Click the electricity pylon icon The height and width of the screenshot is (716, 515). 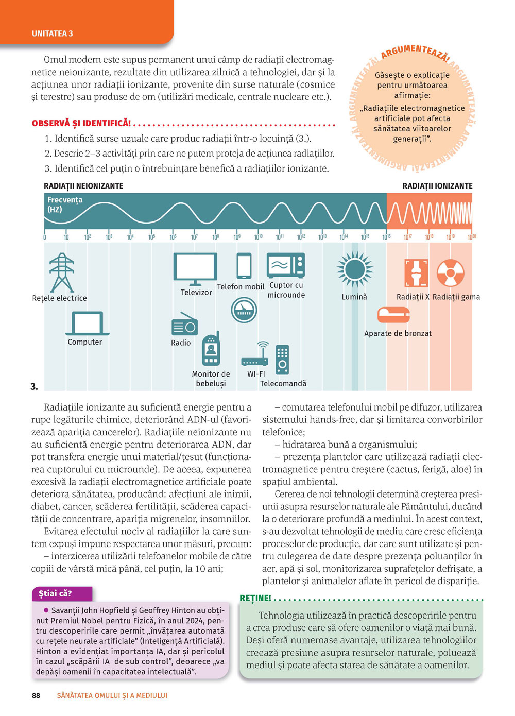pos(62,272)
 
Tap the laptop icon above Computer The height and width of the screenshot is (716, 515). pos(88,323)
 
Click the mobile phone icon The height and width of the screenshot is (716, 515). pos(244,266)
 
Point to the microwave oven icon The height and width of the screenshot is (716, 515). pos(286,265)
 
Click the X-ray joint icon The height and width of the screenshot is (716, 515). pos(416,272)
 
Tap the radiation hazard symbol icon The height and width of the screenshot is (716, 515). pos(450,272)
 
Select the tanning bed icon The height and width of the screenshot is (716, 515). pos(393,314)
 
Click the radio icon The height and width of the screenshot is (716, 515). pos(184,325)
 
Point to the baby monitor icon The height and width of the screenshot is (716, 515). pos(211,349)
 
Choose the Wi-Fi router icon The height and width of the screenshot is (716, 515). pos(255,355)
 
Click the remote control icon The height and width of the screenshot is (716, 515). pos(282,359)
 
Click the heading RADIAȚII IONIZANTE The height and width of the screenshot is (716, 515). pos(437,186)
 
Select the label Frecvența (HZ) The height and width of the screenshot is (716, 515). pos(65,204)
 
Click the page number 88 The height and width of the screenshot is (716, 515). pos(36,695)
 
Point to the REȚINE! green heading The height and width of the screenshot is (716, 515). pos(255,598)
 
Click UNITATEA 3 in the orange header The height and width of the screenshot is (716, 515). pos(53,33)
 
